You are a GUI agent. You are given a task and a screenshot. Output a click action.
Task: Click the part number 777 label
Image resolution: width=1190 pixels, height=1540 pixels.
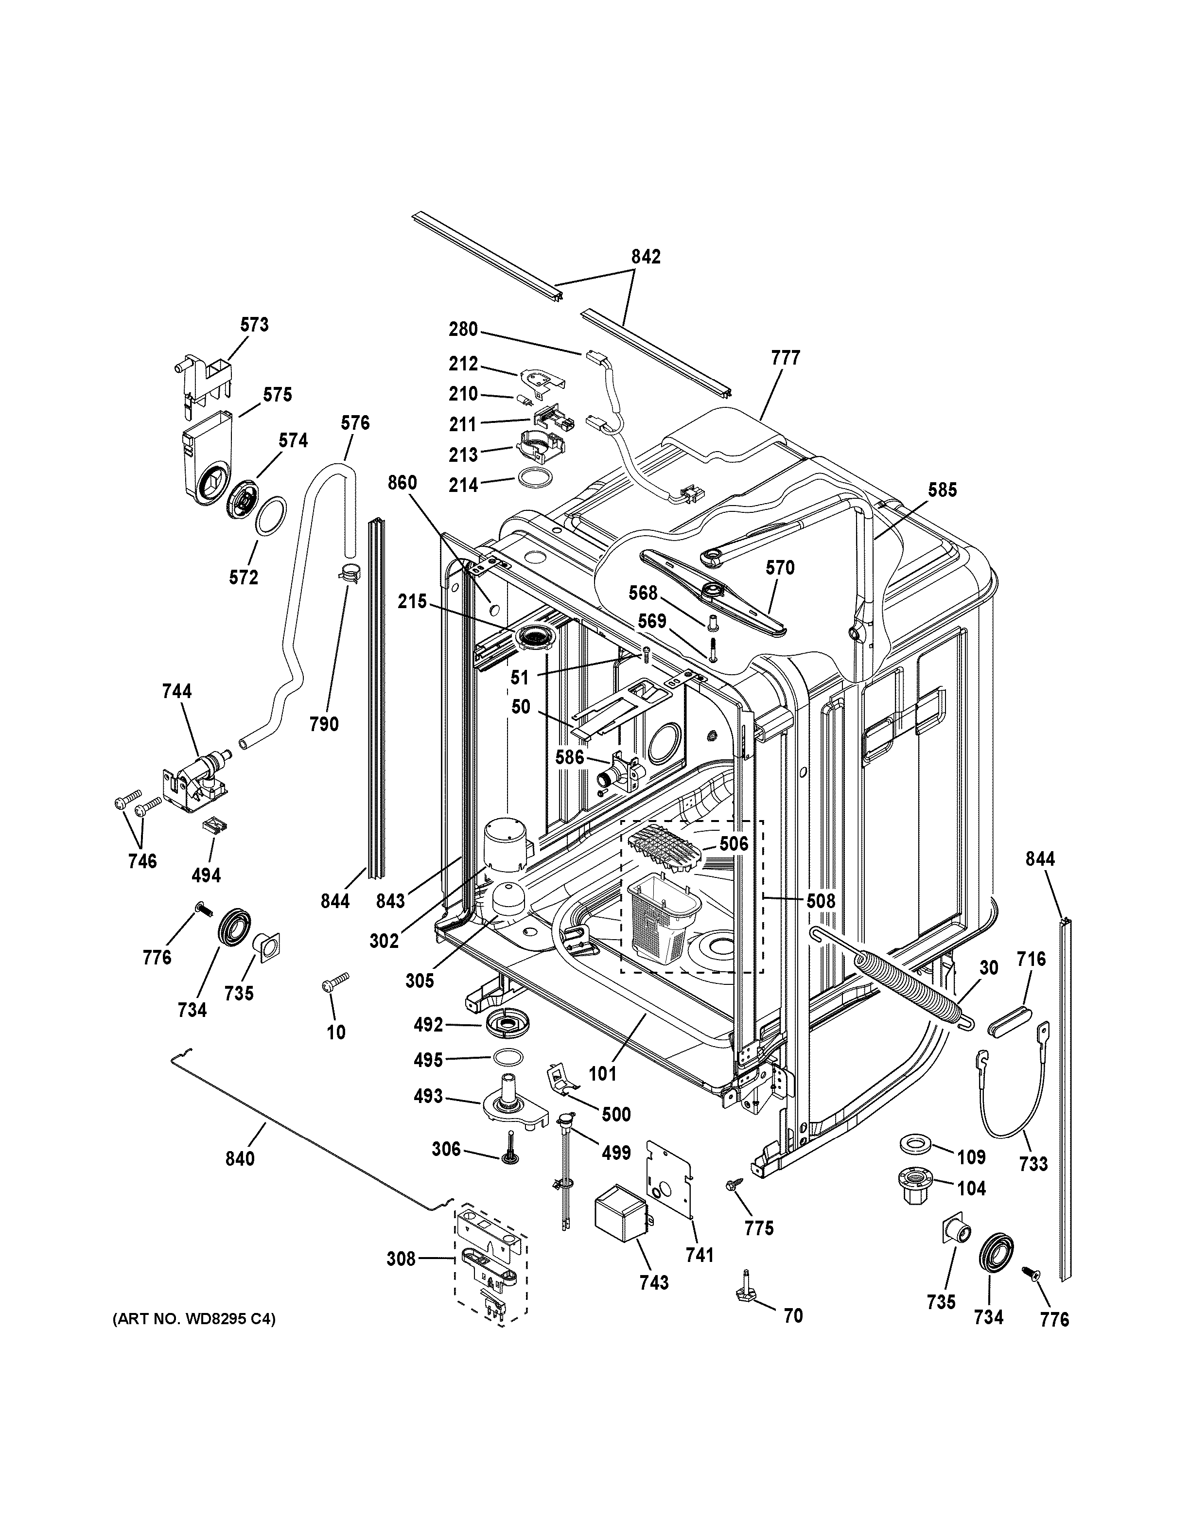(x=786, y=358)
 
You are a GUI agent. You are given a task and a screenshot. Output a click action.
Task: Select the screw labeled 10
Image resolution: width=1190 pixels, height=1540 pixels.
(x=334, y=983)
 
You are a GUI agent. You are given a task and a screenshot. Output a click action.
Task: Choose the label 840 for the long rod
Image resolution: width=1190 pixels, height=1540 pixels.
(x=240, y=1158)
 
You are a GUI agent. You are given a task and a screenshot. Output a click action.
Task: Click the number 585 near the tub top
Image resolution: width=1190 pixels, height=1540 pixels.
(x=942, y=490)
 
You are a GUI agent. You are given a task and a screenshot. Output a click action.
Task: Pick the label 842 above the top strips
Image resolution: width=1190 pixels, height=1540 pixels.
(x=646, y=257)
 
